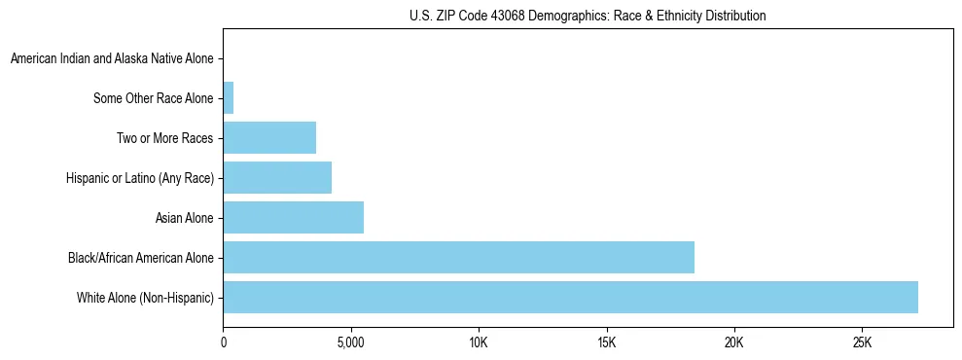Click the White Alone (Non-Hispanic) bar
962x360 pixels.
(x=570, y=297)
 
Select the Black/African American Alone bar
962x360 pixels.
(x=458, y=257)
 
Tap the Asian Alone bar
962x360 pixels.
(x=293, y=217)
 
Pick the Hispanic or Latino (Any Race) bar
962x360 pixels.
(x=277, y=177)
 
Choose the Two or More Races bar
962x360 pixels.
(x=269, y=137)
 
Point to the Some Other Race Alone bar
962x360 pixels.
(x=229, y=97)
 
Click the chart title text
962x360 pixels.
(x=588, y=17)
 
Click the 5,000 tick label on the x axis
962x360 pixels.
(x=350, y=342)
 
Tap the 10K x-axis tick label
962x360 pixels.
(x=479, y=342)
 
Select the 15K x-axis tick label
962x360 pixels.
(x=606, y=342)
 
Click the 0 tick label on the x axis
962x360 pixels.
(x=224, y=342)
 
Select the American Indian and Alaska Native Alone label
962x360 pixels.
(x=112, y=58)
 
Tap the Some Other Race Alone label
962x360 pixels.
(x=154, y=98)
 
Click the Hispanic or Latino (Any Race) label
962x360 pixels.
(x=140, y=178)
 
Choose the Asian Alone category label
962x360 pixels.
(x=184, y=218)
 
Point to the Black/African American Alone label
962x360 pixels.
(x=141, y=258)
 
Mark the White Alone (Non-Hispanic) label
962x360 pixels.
(x=145, y=298)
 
